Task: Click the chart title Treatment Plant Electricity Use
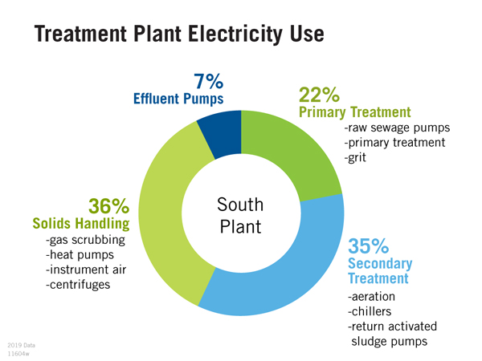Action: (x=179, y=36)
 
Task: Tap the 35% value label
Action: (x=369, y=245)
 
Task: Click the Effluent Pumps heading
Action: (x=178, y=99)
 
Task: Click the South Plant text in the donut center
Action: (x=240, y=216)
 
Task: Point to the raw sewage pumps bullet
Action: (x=396, y=128)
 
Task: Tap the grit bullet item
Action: (x=357, y=157)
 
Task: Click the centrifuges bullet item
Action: (x=78, y=284)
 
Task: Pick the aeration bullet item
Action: (x=371, y=298)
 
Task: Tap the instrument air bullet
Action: (x=85, y=270)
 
